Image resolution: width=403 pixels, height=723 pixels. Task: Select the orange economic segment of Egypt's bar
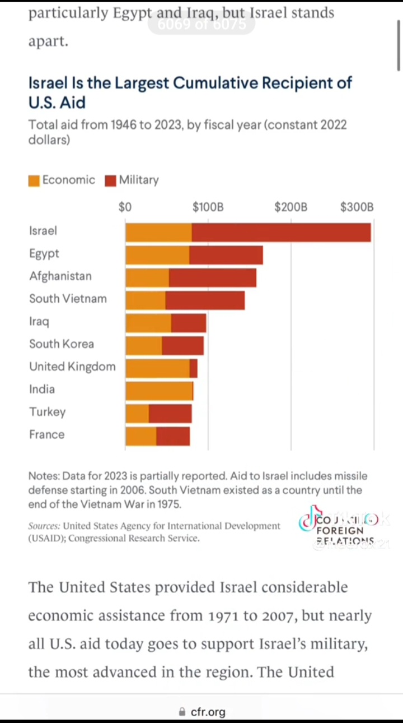point(157,255)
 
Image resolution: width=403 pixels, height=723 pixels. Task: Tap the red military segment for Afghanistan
point(213,278)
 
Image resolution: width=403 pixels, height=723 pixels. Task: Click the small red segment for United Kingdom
point(194,368)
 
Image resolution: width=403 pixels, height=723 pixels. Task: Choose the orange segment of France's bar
point(141,436)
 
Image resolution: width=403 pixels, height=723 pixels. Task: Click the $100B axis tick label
point(208,207)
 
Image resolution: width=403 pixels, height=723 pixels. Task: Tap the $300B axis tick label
point(357,207)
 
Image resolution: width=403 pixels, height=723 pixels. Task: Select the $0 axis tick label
point(125,207)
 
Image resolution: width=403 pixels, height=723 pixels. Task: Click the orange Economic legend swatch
point(34,180)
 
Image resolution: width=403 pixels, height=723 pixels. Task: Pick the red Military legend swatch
point(110,180)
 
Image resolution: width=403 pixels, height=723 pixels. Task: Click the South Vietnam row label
point(68,299)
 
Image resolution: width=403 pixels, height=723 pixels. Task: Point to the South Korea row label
point(62,344)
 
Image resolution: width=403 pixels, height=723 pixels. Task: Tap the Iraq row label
point(39,322)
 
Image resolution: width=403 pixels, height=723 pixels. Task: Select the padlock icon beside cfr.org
point(181,712)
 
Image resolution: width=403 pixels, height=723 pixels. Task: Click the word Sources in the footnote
point(44,526)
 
